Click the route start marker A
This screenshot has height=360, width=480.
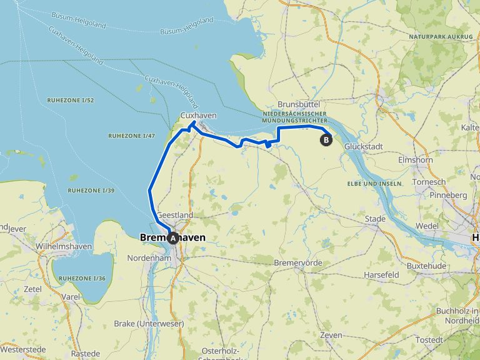(x=173, y=237)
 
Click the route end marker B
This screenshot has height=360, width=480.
(x=326, y=140)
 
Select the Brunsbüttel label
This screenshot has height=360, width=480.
(x=299, y=104)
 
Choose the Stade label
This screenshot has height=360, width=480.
(x=376, y=219)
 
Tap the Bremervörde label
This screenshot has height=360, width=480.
(x=298, y=262)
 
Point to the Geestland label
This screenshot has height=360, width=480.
(x=175, y=215)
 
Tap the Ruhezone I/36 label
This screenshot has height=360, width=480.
(x=83, y=277)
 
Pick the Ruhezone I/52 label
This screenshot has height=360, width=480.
(x=70, y=100)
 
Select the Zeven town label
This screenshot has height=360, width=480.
(x=331, y=336)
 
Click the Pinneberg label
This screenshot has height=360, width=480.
(x=447, y=196)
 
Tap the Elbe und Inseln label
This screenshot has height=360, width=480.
(x=374, y=183)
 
